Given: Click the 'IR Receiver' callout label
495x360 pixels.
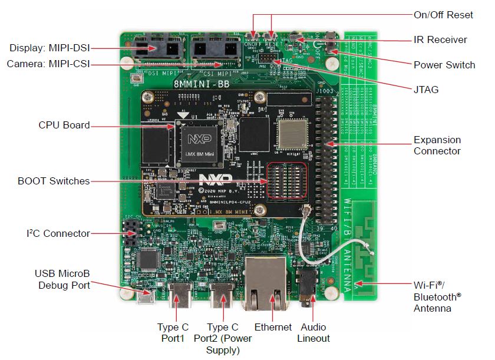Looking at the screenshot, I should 440,40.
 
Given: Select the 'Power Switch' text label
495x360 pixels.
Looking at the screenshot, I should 444,65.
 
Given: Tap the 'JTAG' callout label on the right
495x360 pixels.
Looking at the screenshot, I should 426,90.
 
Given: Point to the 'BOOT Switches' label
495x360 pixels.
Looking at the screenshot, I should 54,181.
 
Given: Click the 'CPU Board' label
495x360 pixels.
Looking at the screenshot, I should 64,125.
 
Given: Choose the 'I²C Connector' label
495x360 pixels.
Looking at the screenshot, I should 58,233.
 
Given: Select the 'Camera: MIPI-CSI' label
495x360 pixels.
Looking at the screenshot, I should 48,64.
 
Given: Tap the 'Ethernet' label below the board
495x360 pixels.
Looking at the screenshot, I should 273,327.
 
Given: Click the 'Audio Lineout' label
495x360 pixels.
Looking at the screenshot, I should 313,332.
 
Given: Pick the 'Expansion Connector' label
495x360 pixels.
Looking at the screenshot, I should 437,146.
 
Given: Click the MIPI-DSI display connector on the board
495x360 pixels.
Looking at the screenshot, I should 156,48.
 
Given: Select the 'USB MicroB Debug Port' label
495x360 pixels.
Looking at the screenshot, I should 62,279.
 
